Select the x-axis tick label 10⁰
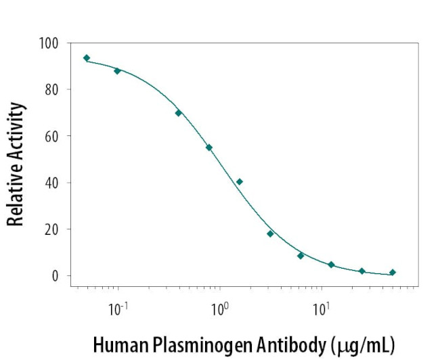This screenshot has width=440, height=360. (x=219, y=309)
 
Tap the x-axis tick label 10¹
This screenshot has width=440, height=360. (x=321, y=309)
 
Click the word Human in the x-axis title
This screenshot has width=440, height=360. (x=116, y=344)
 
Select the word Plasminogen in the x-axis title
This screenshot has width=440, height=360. (x=192, y=344)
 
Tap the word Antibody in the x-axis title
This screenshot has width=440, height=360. (x=285, y=344)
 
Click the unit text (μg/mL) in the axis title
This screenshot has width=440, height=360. (x=361, y=344)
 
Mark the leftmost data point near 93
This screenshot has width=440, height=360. (x=87, y=58)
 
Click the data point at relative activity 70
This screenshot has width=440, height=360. (x=179, y=113)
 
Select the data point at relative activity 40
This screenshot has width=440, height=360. (x=240, y=181)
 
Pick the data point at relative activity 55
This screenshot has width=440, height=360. (x=209, y=148)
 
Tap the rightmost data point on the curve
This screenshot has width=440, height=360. (x=393, y=273)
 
